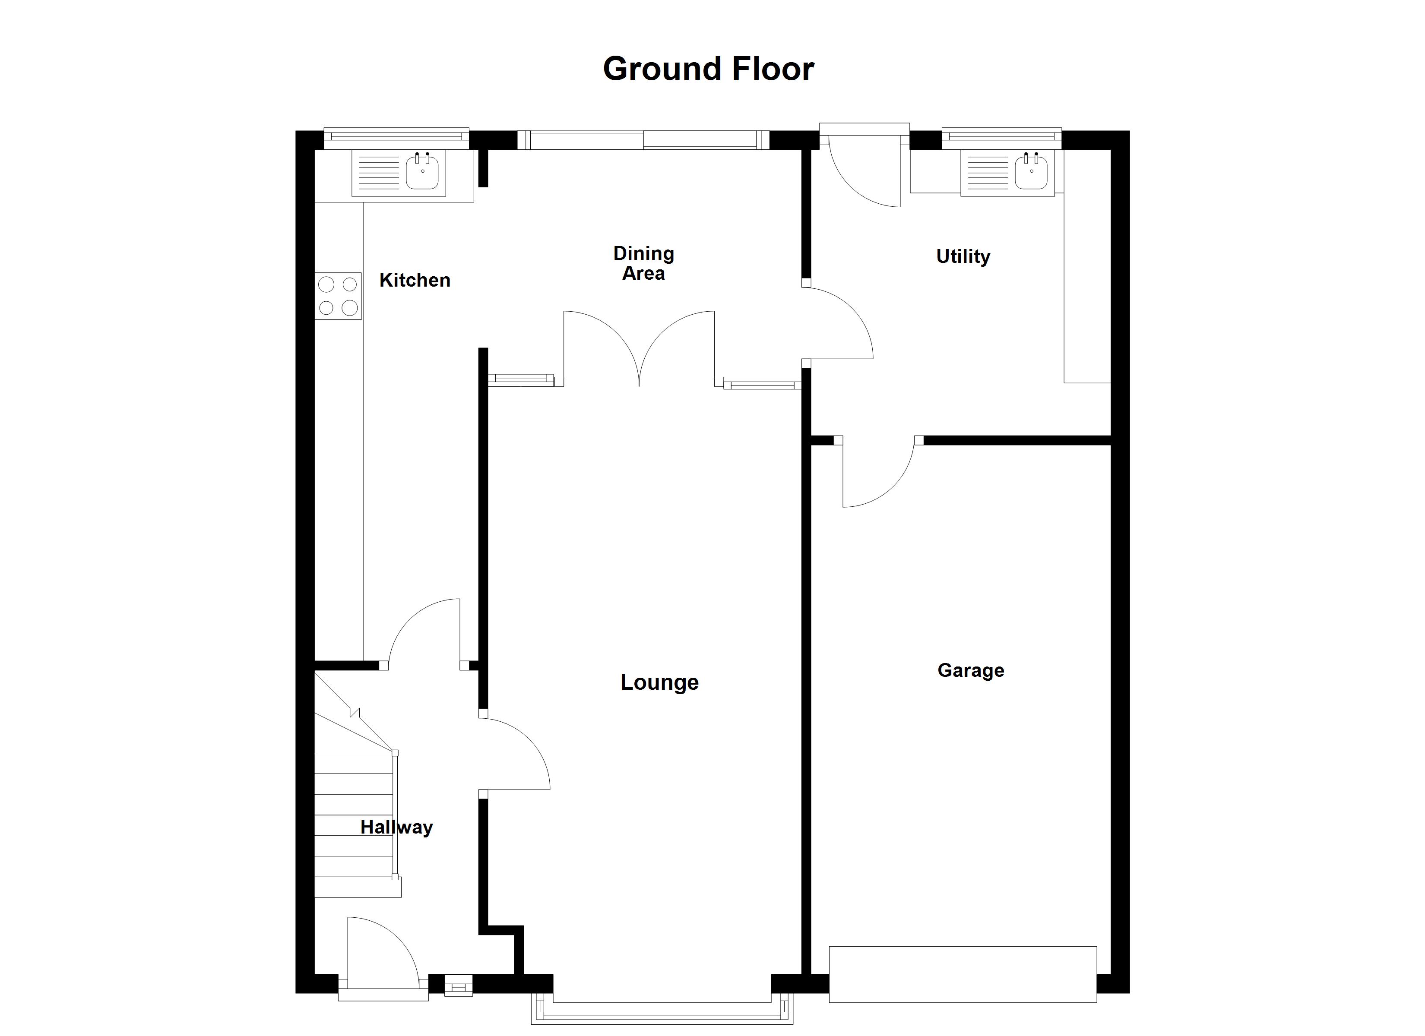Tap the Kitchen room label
[415, 280]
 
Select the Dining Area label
[643, 263]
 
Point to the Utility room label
[963, 256]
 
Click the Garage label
[971, 670]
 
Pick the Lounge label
[659, 682]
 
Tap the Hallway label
[396, 828]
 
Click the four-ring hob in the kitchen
[338, 296]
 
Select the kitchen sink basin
[422, 171]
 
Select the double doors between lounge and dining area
[639, 349]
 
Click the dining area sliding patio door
[643, 140]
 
